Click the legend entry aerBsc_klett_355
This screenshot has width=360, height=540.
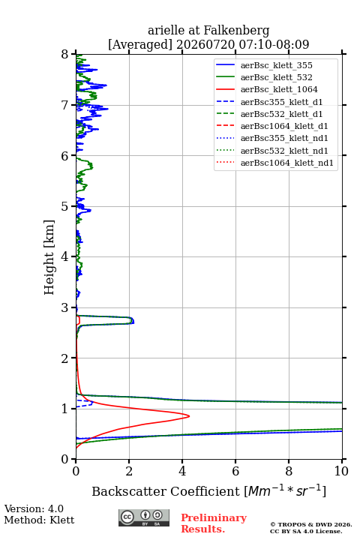276,65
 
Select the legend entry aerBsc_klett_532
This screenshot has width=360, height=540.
276,77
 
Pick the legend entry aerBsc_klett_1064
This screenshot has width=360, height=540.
279,89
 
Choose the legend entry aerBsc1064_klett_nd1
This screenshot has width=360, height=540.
287,163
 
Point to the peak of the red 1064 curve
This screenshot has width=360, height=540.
189,416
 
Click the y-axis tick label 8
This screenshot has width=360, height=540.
65,54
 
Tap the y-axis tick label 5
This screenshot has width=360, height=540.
65,206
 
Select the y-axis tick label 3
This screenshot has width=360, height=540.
65,307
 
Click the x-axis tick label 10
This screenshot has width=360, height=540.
341,471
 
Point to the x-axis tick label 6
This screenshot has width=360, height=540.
235,471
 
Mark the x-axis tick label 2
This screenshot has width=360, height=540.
129,471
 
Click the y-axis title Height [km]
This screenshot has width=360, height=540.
49,257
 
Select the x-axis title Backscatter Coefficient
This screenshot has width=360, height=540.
166,491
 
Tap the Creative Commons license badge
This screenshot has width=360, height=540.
144,518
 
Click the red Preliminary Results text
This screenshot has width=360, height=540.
214,523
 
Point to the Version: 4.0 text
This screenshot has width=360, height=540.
34,508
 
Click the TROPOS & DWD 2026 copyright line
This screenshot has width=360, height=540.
311,524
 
